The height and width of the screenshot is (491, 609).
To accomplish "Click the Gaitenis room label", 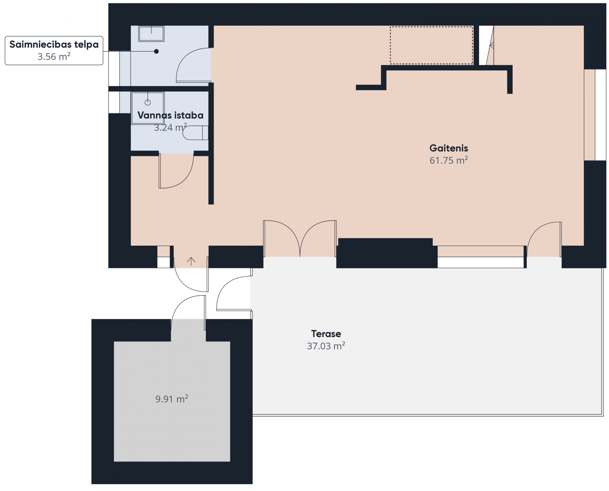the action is [449, 148].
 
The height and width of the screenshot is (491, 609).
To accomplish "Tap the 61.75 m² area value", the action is [449, 160].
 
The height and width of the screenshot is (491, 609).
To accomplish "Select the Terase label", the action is [326, 334].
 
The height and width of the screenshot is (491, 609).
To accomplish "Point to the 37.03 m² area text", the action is [326, 346].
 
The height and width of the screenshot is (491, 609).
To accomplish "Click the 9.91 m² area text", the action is [172, 399].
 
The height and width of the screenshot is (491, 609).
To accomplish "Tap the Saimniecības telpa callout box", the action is [54, 51].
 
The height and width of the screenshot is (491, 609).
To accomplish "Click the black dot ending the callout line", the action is [156, 52].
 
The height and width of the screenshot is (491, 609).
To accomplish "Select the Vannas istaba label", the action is [170, 115].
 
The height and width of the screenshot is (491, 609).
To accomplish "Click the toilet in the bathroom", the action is [195, 133].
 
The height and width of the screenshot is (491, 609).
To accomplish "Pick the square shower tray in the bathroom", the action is [148, 108].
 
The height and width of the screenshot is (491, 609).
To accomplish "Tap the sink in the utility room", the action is [151, 34].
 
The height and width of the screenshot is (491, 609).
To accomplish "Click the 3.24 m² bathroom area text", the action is [170, 127].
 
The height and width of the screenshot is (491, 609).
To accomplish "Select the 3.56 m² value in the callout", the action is [54, 56].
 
